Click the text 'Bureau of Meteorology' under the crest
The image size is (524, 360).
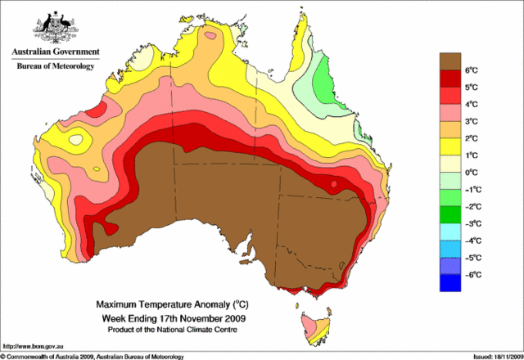pos(56,65)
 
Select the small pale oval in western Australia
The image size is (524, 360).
pos(77,139)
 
